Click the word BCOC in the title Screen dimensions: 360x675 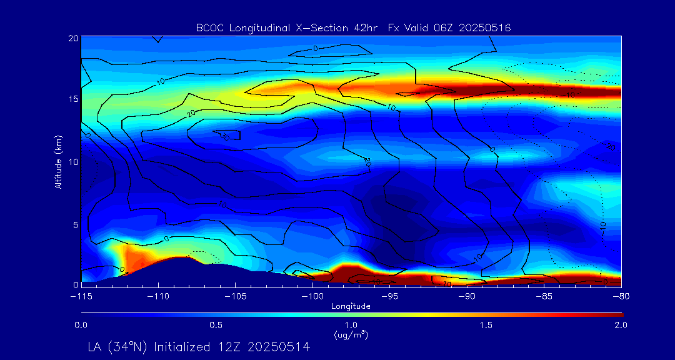pyautogui.click(x=209, y=27)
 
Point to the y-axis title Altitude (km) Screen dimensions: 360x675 pyautogui.click(x=58, y=161)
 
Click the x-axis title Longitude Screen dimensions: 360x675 pyautogui.click(x=351, y=306)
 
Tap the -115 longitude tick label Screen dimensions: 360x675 pyautogui.click(x=81, y=295)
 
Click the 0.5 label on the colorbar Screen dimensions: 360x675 pyautogui.click(x=216, y=325)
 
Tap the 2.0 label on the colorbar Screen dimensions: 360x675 pyautogui.click(x=621, y=325)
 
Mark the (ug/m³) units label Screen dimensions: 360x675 pyautogui.click(x=351, y=334)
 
